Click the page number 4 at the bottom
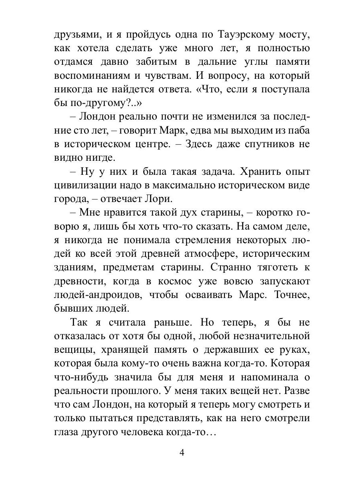point(182,453)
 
